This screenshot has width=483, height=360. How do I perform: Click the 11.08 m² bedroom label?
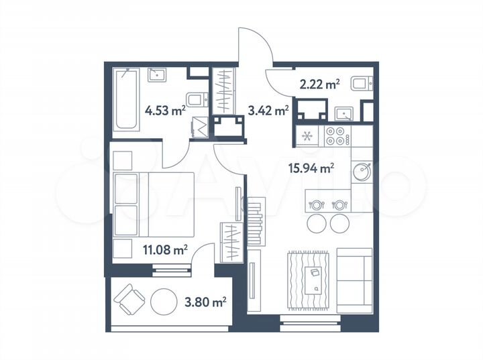click(x=164, y=250)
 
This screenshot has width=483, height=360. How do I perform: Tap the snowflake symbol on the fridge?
click(x=308, y=137)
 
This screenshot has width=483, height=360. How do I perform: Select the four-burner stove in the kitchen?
click(x=337, y=136)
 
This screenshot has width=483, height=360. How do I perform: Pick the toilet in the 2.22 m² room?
click(x=361, y=84)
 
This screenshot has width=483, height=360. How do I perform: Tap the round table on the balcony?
click(x=164, y=302)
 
